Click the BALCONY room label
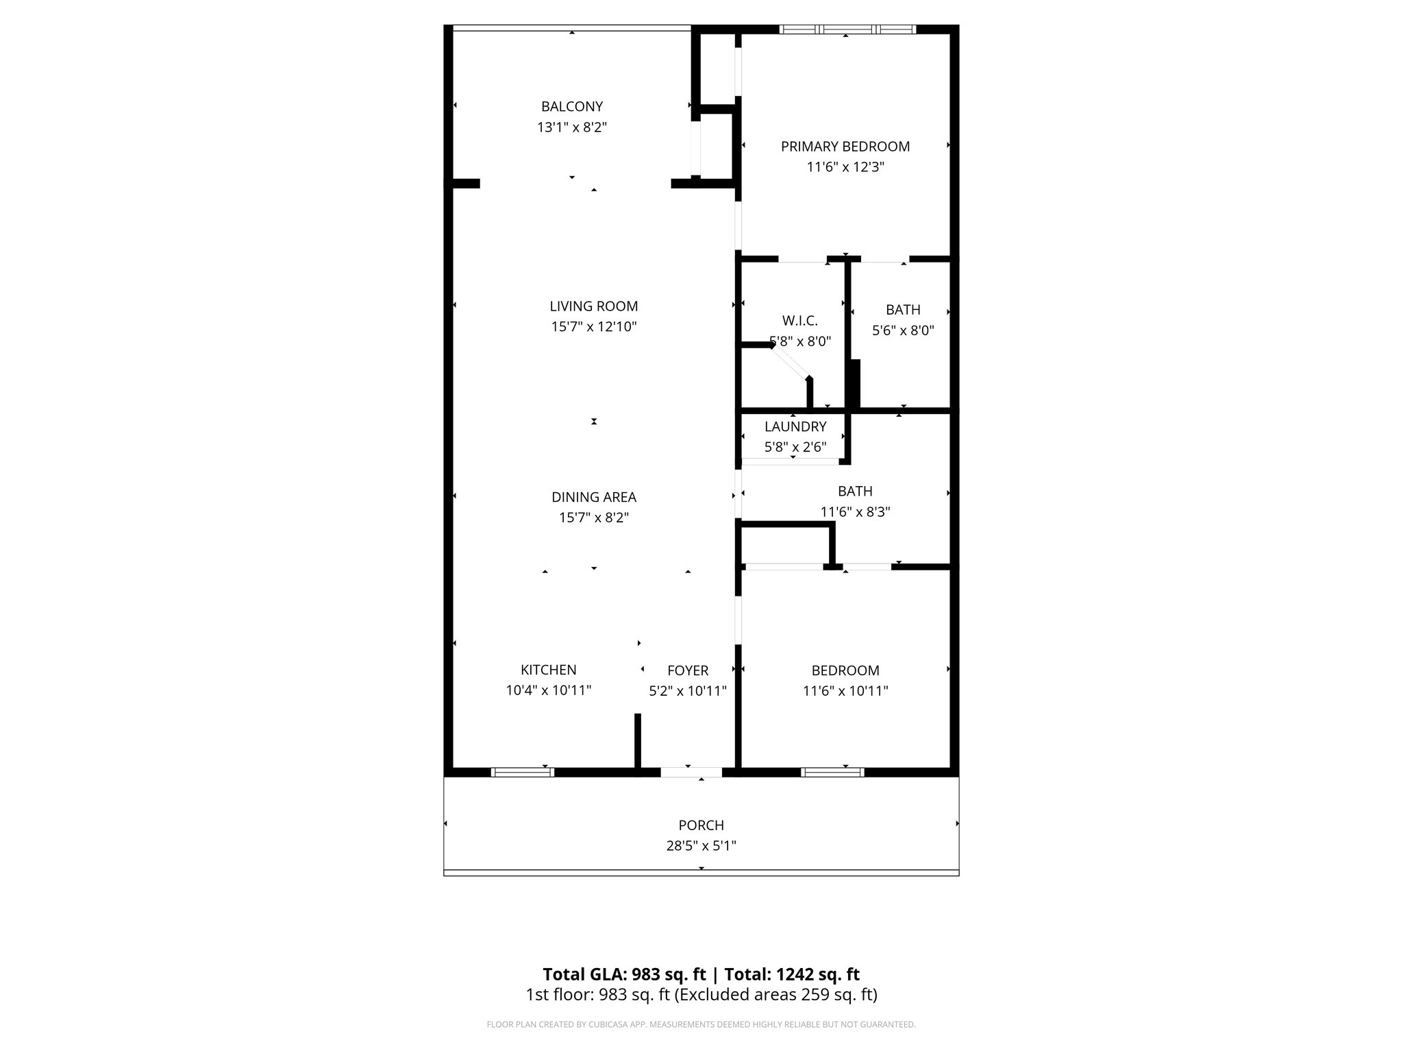click(571, 106)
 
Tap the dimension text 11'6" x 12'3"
click(845, 167)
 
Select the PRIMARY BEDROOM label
click(845, 146)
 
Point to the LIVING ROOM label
click(593, 306)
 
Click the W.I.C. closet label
click(799, 321)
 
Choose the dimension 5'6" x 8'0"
click(903, 330)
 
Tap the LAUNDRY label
click(795, 426)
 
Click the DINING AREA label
click(593, 497)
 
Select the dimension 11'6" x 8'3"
click(855, 511)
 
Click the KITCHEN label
click(548, 670)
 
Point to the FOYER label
click(688, 670)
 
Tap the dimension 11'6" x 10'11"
click(845, 691)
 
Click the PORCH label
click(701, 825)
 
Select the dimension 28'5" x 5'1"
click(701, 846)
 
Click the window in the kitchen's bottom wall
click(523, 773)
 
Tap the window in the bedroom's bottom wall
click(832, 773)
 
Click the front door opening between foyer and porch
click(691, 773)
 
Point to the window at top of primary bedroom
click(848, 29)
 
